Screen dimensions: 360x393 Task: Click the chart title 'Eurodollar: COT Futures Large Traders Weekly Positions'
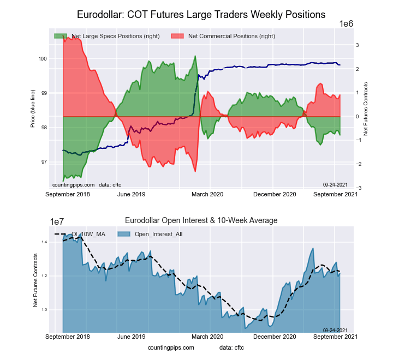(201, 14)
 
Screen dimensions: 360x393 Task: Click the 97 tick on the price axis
(43, 162)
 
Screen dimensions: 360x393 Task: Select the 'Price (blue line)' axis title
(33, 111)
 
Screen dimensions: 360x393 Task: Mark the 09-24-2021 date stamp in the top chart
(335, 184)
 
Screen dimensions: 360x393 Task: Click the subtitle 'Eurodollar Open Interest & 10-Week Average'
(201, 220)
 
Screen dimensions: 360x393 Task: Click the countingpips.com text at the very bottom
(171, 347)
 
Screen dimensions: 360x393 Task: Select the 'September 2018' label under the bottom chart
(67, 337)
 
